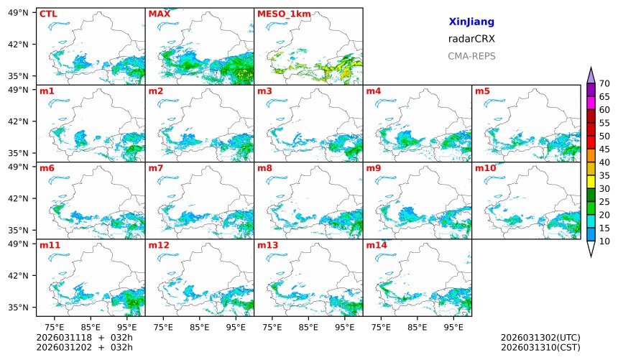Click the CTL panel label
coord(48,14)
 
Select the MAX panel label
coord(159,14)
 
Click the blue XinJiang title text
coord(471,22)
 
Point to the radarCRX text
coord(471,39)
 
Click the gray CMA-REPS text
coord(471,56)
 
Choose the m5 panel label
coord(482,91)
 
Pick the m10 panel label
coord(485,168)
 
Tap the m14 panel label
coord(376,245)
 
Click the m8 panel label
coord(264,168)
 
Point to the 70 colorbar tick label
coord(604,84)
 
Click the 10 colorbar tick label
coord(604,241)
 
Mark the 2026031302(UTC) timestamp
coord(540,338)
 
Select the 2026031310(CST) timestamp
coord(540,348)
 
